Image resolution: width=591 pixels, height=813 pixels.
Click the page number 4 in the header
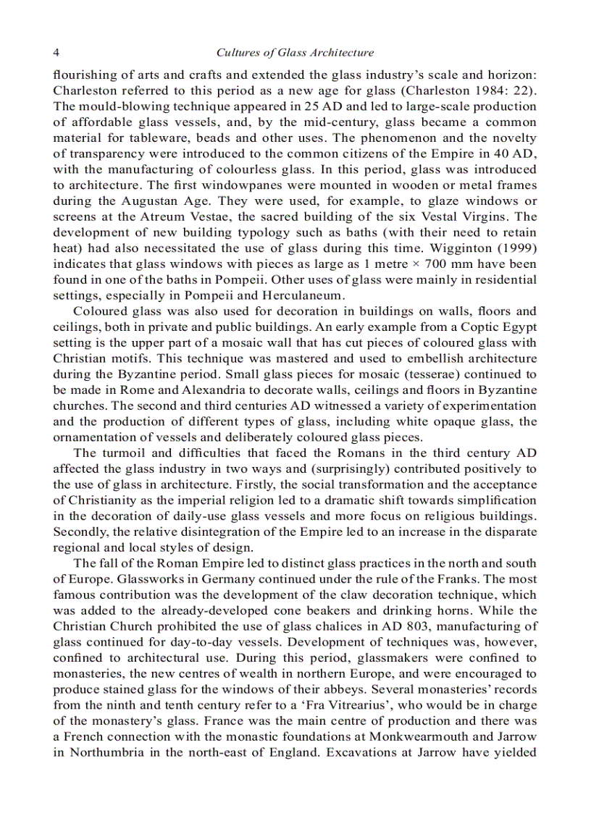pos(56,52)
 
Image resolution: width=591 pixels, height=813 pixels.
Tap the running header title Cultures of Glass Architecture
pos(295,52)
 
